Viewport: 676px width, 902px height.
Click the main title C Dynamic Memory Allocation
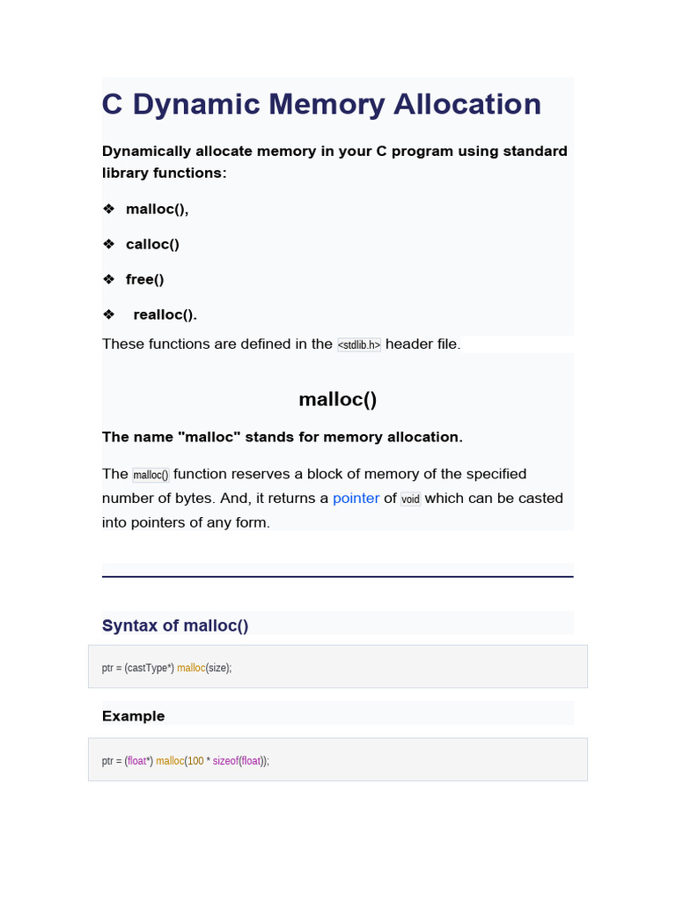(321, 104)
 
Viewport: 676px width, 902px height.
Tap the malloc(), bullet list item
(157, 209)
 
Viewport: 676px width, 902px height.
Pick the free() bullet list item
(145, 279)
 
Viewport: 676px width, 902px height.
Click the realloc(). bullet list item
(165, 314)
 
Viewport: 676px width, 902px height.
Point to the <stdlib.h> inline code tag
(359, 344)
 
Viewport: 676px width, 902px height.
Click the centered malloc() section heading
(338, 399)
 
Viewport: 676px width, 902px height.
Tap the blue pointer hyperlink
(356, 498)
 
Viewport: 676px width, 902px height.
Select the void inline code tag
(410, 499)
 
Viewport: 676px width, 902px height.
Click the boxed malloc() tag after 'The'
(151, 475)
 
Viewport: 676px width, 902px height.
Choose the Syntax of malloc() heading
(175, 625)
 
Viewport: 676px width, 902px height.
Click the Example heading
(134, 716)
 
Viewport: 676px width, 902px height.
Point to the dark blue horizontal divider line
(338, 577)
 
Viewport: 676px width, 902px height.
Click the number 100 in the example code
(195, 761)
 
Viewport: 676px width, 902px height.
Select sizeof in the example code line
(225, 761)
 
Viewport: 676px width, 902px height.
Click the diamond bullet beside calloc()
(108, 244)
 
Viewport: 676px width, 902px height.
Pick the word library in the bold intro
(129, 173)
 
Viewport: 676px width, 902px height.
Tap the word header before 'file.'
(408, 344)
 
